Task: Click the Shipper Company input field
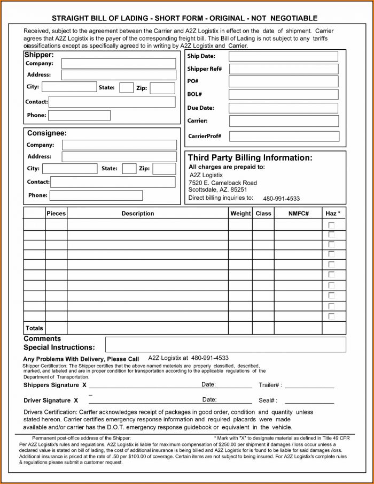click(118, 64)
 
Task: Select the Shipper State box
click(126, 88)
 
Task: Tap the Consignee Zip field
click(164, 169)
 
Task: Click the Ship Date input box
click(283, 56)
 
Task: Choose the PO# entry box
click(283, 81)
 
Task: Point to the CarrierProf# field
click(284, 136)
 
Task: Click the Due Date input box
click(283, 108)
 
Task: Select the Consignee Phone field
click(96, 195)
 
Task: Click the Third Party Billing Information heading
click(250, 158)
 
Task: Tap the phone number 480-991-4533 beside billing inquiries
click(281, 199)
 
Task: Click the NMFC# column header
click(298, 213)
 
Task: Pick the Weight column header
click(240, 213)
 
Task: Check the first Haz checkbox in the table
click(331, 225)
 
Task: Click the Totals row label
click(34, 328)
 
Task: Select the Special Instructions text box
click(225, 344)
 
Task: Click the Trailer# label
click(270, 385)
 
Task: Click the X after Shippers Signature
click(84, 385)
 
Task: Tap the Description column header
click(137, 213)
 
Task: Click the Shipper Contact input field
click(112, 102)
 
